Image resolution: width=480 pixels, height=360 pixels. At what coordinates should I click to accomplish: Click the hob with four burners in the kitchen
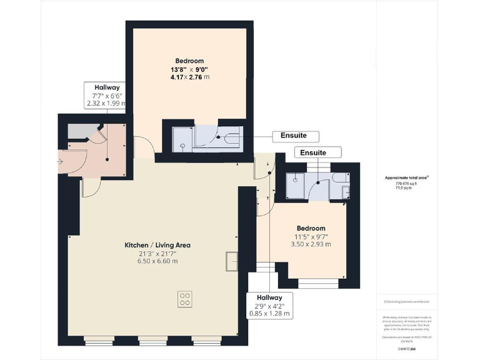[x=185, y=299]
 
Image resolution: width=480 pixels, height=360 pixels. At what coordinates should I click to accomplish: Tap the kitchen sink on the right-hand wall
[x=232, y=261]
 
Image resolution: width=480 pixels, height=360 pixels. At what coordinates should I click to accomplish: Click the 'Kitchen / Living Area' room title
[x=157, y=245]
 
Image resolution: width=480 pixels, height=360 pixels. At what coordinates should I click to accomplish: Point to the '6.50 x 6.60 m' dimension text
[x=157, y=261]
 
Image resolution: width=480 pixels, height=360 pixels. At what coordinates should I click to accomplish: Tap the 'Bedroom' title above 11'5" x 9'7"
[x=311, y=228]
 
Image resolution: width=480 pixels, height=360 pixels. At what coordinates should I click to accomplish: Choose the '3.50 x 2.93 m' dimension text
[x=311, y=244]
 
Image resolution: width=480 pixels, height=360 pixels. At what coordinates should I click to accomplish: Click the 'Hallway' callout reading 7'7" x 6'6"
[x=107, y=96]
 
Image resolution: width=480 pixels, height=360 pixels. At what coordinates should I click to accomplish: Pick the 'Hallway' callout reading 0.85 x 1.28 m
[x=270, y=305]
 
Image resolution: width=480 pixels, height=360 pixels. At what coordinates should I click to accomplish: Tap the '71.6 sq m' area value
[x=403, y=187]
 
